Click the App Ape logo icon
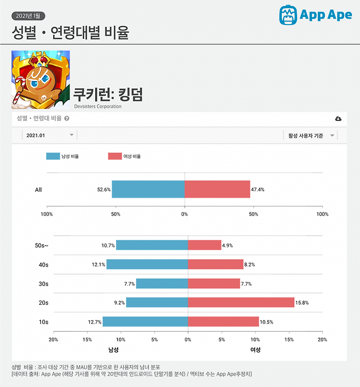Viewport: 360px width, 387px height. [288, 15]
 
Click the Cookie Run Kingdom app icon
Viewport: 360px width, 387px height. [40, 80]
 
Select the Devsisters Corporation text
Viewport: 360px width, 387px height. [97, 106]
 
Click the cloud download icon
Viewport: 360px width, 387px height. [338, 119]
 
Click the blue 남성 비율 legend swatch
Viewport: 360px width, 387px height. [53, 156]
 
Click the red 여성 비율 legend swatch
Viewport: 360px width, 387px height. [114, 156]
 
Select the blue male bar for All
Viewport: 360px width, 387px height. [148, 189]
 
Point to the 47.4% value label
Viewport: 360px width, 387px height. [258, 189]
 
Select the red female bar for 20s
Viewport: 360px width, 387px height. [241, 303]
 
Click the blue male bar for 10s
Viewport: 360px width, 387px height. [145, 322]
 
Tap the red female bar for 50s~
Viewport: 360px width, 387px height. [204, 245]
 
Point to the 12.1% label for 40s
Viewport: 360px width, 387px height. [98, 264]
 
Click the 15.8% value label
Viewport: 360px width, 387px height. [304, 303]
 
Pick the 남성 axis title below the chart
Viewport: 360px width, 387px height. [114, 350]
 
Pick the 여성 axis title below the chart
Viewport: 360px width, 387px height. [255, 350]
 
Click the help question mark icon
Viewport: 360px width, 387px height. [66, 118]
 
